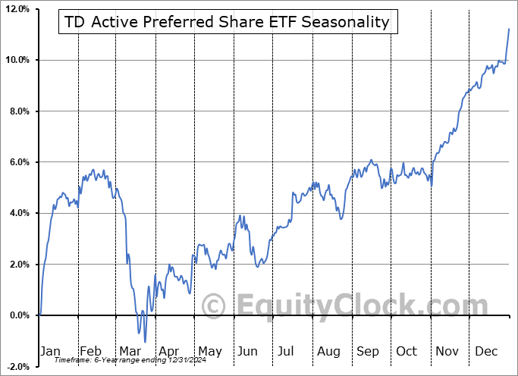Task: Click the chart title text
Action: [227, 22]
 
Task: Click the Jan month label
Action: [50, 351]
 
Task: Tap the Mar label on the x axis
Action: [130, 351]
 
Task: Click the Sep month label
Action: [368, 351]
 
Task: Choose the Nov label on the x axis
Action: [447, 351]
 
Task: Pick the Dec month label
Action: [487, 351]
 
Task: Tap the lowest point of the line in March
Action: [145, 342]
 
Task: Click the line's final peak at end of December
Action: [508, 28]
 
